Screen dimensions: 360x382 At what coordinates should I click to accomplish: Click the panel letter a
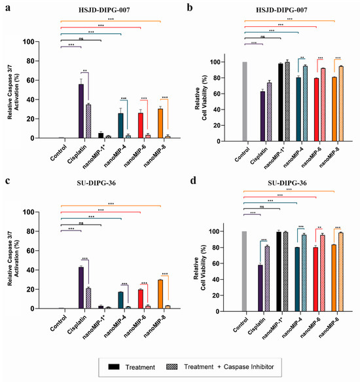(8, 8)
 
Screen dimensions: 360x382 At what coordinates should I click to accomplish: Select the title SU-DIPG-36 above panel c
(96, 183)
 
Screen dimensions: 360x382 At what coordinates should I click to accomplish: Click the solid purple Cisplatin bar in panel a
(81, 111)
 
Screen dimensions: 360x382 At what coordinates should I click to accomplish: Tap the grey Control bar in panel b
(245, 102)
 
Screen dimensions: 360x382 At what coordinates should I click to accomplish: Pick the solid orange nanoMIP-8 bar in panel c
(160, 294)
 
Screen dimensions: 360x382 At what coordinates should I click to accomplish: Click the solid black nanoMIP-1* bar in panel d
(279, 272)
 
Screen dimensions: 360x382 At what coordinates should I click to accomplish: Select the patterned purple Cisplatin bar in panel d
(267, 278)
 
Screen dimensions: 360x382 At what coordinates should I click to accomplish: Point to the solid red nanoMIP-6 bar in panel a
(141, 125)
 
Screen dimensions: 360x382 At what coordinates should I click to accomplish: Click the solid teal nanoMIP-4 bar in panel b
(298, 109)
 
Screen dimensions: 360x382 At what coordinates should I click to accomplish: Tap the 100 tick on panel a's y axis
(29, 42)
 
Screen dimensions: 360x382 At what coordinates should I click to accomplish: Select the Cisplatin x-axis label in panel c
(77, 324)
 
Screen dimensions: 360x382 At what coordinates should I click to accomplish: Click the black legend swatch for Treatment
(114, 367)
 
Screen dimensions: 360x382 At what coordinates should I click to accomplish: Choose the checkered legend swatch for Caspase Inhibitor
(172, 367)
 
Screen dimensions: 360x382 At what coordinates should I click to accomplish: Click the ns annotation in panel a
(81, 39)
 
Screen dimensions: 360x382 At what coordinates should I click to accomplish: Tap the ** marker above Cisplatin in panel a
(84, 71)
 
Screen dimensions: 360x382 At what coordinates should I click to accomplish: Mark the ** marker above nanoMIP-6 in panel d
(319, 228)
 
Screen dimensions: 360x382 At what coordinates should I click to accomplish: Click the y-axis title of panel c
(13, 259)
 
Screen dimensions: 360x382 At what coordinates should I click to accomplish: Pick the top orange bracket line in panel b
(289, 21)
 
